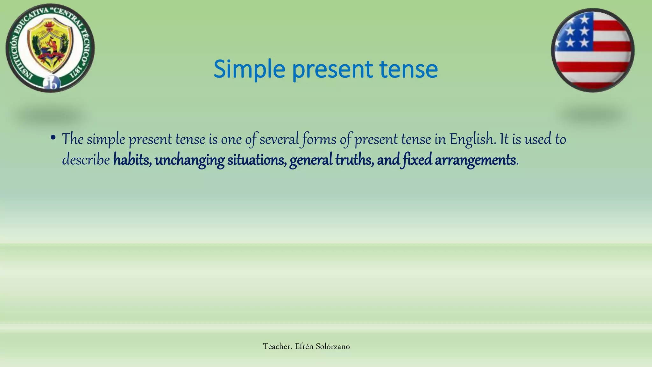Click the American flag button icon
click(x=592, y=50)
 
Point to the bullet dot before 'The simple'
click(x=53, y=138)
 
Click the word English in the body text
click(x=473, y=139)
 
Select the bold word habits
click(x=132, y=160)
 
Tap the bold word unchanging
click(x=189, y=160)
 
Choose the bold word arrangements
click(x=475, y=160)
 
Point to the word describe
click(x=86, y=160)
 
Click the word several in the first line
click(x=279, y=139)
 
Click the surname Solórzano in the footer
click(x=332, y=347)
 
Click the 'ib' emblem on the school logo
click(x=52, y=83)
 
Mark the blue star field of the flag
click(x=575, y=32)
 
